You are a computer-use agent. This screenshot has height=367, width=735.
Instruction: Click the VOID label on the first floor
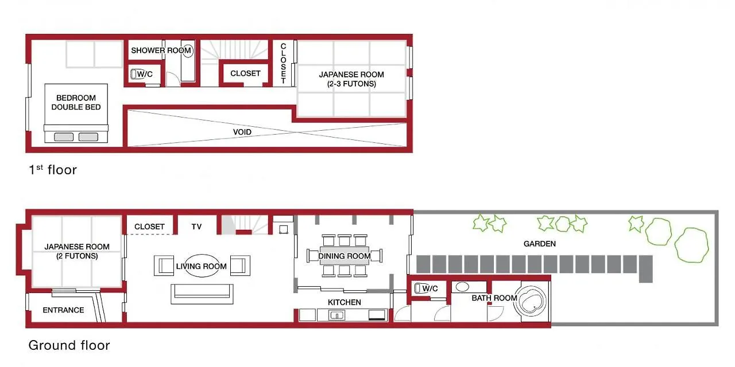[x=242, y=132]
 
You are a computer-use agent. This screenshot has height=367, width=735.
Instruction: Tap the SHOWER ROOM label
[x=161, y=50]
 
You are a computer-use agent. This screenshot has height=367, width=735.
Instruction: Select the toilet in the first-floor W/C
[x=134, y=74]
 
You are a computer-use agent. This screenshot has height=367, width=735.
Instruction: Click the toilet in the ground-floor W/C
[x=417, y=288]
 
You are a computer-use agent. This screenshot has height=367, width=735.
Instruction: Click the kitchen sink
[x=336, y=315]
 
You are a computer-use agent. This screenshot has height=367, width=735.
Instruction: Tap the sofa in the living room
[x=202, y=294]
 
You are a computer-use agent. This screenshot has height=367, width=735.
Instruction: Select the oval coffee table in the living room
[x=202, y=266]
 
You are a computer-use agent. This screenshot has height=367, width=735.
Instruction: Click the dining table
[x=344, y=256]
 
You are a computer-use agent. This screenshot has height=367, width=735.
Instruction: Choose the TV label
[x=196, y=227]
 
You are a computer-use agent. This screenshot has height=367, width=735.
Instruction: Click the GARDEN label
[x=539, y=244]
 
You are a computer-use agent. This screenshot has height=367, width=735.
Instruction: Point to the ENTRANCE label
[x=63, y=310]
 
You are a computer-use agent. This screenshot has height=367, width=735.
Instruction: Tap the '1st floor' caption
[x=53, y=170]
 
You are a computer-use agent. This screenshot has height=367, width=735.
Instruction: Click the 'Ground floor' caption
[x=69, y=345]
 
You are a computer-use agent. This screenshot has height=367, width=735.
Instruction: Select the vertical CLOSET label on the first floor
[x=283, y=63]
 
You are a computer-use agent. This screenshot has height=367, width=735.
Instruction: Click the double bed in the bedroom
[x=76, y=113]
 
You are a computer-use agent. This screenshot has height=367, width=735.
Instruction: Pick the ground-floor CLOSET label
[x=149, y=227]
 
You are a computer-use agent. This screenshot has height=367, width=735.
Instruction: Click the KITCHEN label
[x=344, y=302]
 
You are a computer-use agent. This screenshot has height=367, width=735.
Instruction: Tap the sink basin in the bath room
[x=462, y=287]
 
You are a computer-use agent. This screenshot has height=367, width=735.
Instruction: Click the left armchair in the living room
[x=164, y=266]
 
